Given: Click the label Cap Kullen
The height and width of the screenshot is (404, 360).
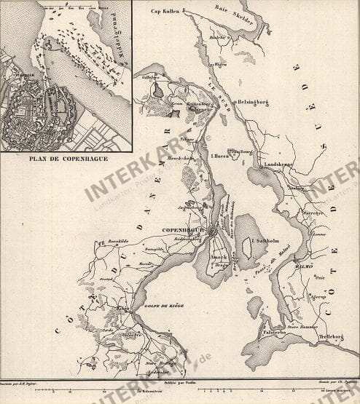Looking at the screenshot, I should coord(165,12).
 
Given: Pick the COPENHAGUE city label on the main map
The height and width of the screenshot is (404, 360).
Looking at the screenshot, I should coord(184,228).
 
